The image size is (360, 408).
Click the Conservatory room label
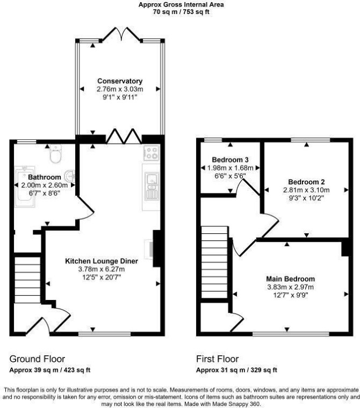pyautogui.click(x=120, y=81)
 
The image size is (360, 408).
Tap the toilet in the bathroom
pyautogui.click(x=55, y=154)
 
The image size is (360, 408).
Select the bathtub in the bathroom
pyautogui.click(x=25, y=187)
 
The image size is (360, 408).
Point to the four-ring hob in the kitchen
pyautogui.click(x=152, y=153)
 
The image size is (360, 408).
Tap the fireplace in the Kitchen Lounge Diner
pyautogui.click(x=154, y=248)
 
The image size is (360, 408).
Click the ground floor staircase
pyautogui.click(x=27, y=280)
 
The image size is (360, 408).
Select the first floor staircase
pyautogui.click(x=214, y=262)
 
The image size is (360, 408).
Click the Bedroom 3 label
pyautogui.click(x=230, y=160)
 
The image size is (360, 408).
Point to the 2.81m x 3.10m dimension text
pyautogui.click(x=306, y=190)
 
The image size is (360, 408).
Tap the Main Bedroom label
pyautogui.click(x=290, y=279)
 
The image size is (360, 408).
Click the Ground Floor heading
pyautogui.click(x=37, y=359)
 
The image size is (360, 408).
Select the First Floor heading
pyautogui.click(x=217, y=359)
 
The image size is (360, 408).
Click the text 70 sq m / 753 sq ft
pyautogui.click(x=181, y=12)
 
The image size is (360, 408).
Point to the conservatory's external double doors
pyautogui.click(x=121, y=34)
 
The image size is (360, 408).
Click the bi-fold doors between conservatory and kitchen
pyautogui.click(x=124, y=136)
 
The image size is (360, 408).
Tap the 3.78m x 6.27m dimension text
pyautogui.click(x=102, y=269)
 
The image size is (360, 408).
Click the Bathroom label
pyautogui.click(x=45, y=177)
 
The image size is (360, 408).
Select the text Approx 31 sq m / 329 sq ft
pyautogui.click(x=237, y=370)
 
